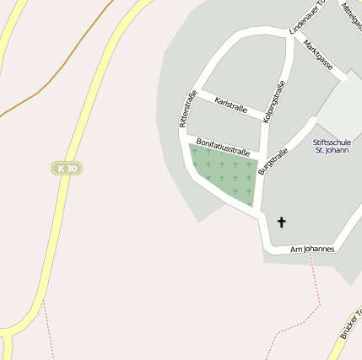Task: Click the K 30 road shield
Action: (65, 169)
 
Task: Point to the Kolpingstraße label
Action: (274, 103)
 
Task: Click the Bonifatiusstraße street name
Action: (223, 147)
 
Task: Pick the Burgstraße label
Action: (273, 161)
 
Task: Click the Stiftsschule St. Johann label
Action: (330, 146)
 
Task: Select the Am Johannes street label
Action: (312, 250)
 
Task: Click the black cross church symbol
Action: (282, 222)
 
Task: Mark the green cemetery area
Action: (224, 173)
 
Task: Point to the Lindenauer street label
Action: (306, 17)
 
